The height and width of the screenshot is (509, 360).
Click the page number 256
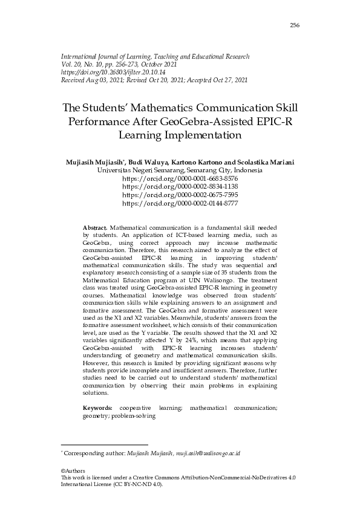(x=295, y=25)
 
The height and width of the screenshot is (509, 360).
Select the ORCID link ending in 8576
(x=180, y=180)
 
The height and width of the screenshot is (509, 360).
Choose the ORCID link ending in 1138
(x=180, y=187)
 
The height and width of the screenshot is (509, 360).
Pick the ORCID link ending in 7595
(x=180, y=196)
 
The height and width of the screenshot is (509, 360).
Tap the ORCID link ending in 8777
(x=180, y=204)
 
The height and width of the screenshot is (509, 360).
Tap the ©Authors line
(x=73, y=471)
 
